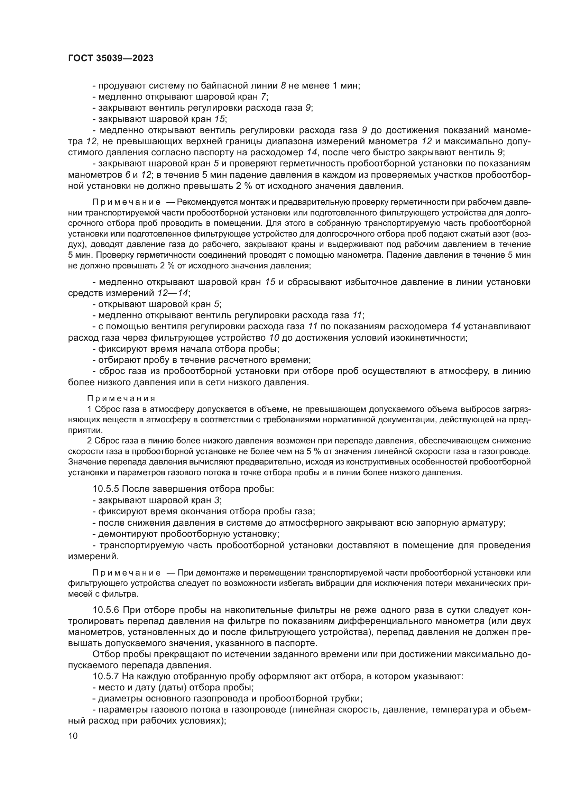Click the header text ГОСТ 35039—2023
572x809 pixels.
[x=111, y=58]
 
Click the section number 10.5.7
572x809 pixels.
[x=107, y=676]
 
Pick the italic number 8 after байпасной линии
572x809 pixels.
[x=284, y=86]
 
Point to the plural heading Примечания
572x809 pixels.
[x=121, y=398]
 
